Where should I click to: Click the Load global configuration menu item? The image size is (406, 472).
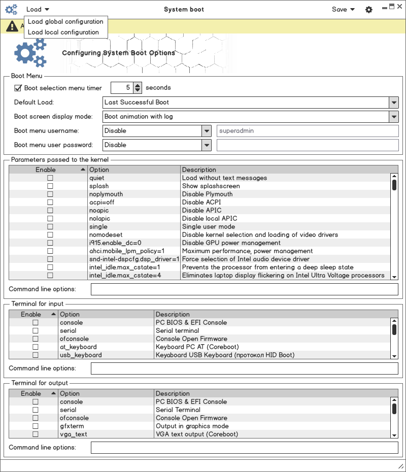(65, 22)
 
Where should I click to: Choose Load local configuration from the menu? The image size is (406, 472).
(63, 32)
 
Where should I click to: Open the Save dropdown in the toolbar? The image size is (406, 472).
(343, 10)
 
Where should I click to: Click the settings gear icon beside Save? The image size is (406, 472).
(369, 10)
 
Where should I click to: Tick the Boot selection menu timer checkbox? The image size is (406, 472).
(18, 88)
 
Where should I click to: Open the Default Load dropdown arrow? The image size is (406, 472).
(394, 103)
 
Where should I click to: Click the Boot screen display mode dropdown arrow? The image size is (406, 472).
(394, 117)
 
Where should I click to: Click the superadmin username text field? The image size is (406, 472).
(308, 131)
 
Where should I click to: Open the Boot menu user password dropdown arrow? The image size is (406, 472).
(207, 145)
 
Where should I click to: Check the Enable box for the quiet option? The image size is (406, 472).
(50, 178)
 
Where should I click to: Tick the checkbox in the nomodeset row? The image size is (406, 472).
(50, 235)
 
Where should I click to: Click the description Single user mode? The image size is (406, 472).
(209, 227)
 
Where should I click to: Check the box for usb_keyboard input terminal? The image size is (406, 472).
(36, 355)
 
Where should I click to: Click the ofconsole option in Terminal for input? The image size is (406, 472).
(74, 339)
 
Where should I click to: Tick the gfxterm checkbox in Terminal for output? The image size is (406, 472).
(36, 426)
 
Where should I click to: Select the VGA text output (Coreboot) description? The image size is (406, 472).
(196, 434)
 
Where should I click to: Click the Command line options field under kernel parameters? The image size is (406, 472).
(244, 289)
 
